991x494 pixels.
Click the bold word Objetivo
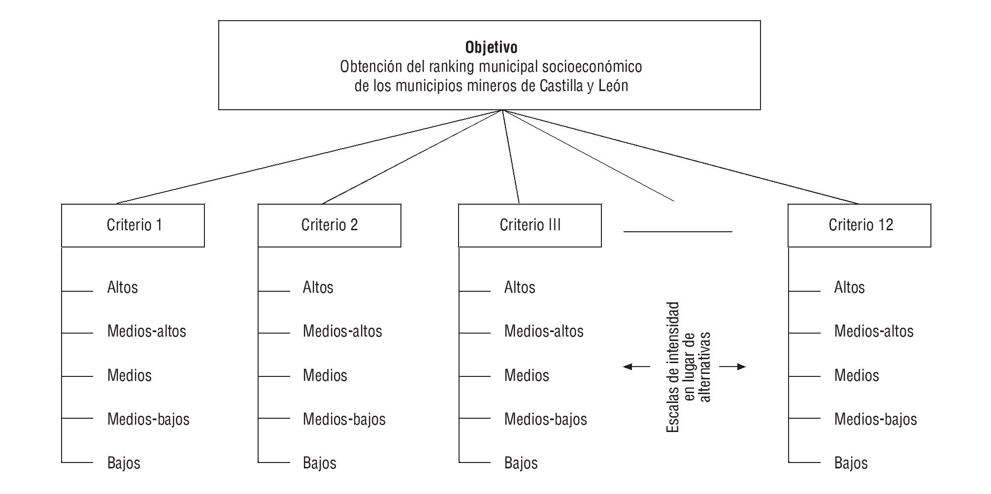[x=491, y=48]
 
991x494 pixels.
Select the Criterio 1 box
[x=133, y=225]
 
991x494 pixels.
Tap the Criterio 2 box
[x=329, y=225]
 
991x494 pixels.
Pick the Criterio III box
[x=529, y=225]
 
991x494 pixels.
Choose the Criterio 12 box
[x=859, y=225]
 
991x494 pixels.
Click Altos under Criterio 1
[x=122, y=287]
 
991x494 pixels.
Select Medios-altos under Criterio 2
[x=342, y=331]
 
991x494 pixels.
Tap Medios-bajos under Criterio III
[x=545, y=419]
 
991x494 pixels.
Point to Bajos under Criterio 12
[x=851, y=463]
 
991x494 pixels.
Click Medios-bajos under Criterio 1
[x=148, y=419]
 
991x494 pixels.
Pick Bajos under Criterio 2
[x=319, y=463]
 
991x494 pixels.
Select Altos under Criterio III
[x=519, y=287]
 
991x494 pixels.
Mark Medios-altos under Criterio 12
[x=873, y=331]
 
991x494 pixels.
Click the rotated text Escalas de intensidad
[x=673, y=367]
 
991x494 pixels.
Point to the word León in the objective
[x=613, y=86]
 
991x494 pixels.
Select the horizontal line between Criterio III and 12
[x=678, y=231]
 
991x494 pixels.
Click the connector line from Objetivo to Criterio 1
[x=310, y=156]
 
